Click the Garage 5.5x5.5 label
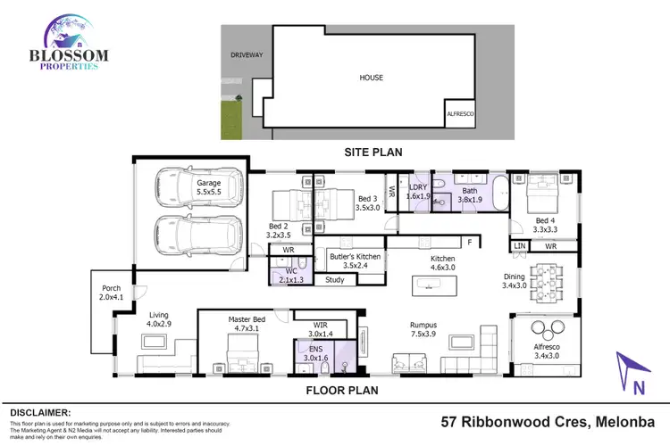click(x=209, y=187)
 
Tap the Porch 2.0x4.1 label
click(x=111, y=292)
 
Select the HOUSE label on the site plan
click(x=372, y=78)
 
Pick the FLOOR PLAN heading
click(x=344, y=390)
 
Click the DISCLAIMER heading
click(x=39, y=413)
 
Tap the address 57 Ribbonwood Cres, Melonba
click(x=549, y=421)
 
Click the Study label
click(x=334, y=280)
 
